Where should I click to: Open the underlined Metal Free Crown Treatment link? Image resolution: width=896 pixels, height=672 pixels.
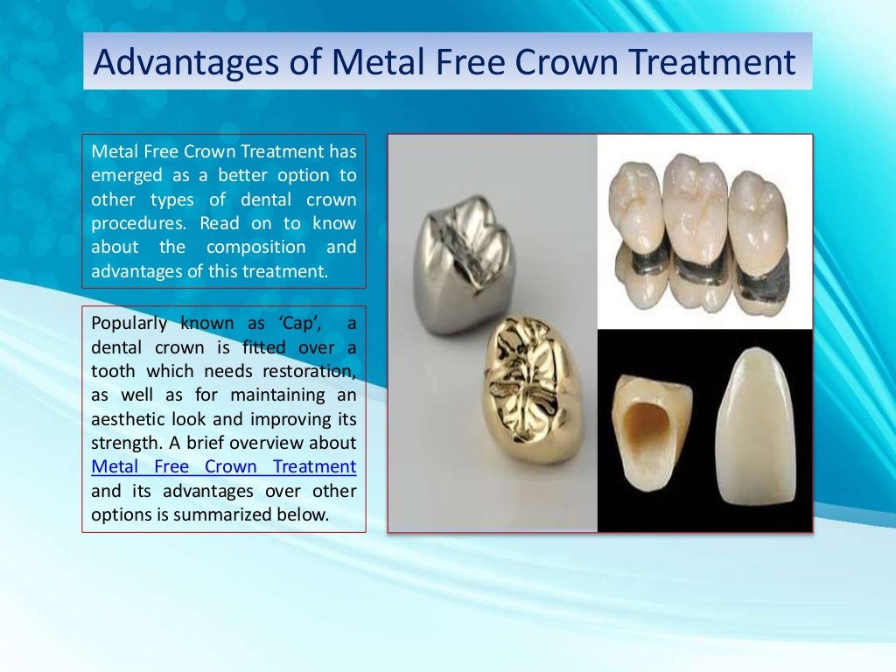pyautogui.click(x=223, y=466)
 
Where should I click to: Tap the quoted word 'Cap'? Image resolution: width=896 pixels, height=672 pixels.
pyautogui.click(x=301, y=323)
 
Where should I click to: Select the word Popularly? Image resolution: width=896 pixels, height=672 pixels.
pyautogui.click(x=129, y=323)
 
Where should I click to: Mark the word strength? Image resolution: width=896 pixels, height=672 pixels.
pyautogui.click(x=123, y=443)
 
